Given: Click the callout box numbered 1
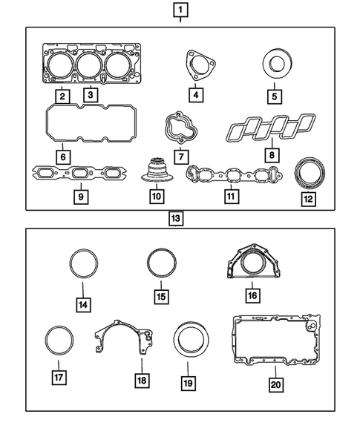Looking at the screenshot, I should (180, 10).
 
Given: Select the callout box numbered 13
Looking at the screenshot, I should (176, 220).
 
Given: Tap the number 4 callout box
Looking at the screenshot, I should (195, 95).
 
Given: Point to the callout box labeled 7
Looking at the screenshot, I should (180, 157).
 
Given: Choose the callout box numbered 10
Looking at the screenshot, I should (156, 197).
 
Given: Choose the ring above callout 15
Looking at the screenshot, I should (160, 264).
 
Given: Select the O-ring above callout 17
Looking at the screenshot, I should (59, 341).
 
